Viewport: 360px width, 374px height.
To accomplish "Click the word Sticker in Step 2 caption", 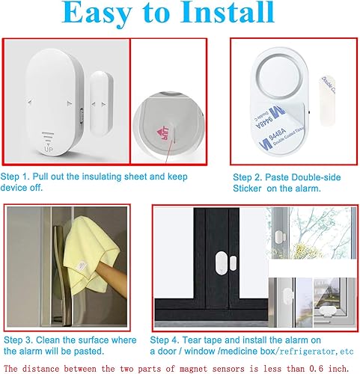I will [248, 190].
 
